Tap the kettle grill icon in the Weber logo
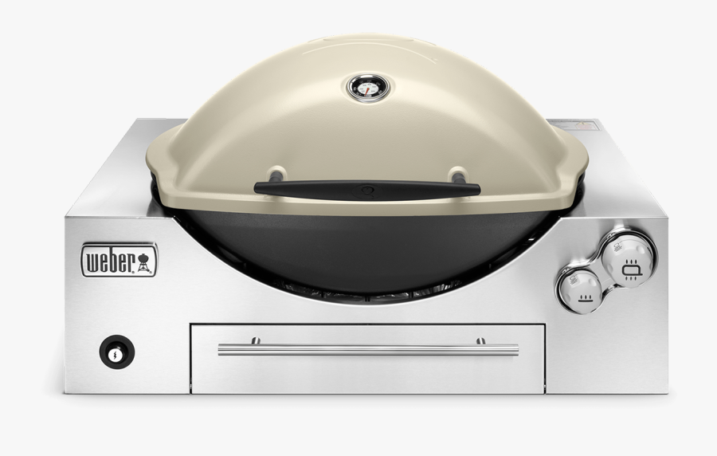click(x=146, y=261)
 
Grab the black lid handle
click(x=366, y=189)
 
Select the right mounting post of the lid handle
click(x=457, y=175)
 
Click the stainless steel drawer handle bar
click(x=367, y=348)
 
